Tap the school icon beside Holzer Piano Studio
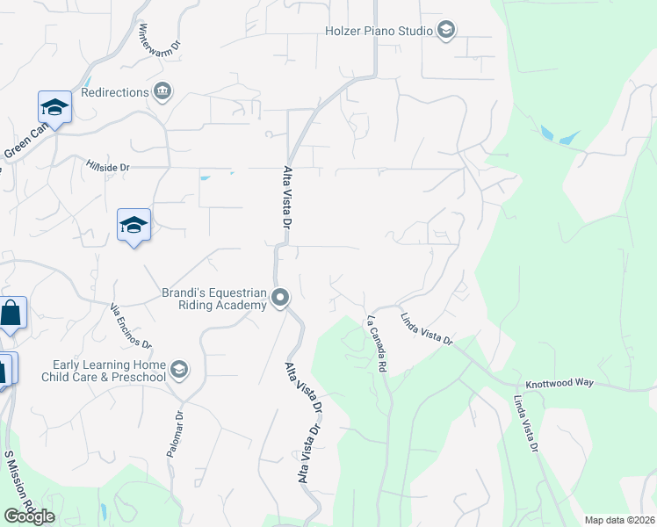pos(445,31)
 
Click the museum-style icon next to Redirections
pos(162,91)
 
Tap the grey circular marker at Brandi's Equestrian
pos(280,299)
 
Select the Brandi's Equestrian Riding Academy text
pos(213,299)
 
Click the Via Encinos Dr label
pos(130,325)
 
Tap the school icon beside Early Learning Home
pos(179,369)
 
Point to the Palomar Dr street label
pos(174,434)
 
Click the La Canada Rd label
pos(378,341)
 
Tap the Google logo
pos(29,516)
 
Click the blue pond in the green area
pos(556,136)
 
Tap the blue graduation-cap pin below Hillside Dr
pos(134,226)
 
